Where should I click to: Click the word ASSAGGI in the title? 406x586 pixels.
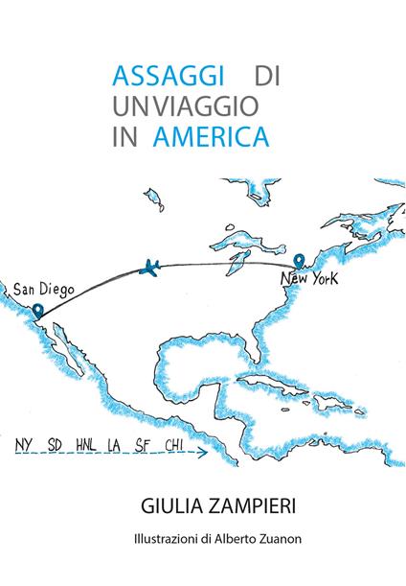167,76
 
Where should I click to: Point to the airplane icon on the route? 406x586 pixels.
148,267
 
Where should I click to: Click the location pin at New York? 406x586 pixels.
300,260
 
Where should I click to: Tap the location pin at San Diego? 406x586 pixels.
37,311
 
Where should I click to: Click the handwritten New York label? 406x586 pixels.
309,279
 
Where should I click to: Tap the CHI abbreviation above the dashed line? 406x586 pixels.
174,446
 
